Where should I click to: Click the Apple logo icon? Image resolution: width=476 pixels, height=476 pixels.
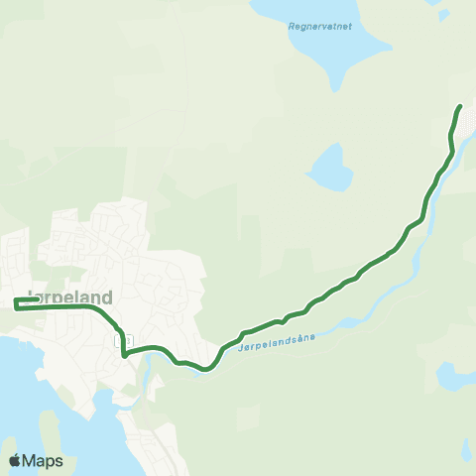coord(15,461)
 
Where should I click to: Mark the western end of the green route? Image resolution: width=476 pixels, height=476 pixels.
coord(15,301)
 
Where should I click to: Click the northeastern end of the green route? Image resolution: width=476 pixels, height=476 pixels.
coord(459,106)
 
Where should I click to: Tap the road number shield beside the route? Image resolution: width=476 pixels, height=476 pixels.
coord(125,341)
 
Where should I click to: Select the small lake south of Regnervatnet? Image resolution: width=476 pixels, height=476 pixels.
coord(330,166)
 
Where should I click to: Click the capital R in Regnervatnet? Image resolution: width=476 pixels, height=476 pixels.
coord(289,27)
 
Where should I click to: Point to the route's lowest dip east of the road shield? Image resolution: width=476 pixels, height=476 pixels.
coord(205,370)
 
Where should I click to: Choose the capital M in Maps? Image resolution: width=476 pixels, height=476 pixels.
coord(32,461)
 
